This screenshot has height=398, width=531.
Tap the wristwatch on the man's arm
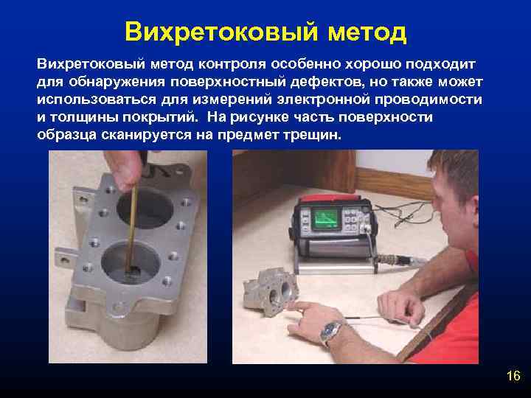click(x=333, y=332)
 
